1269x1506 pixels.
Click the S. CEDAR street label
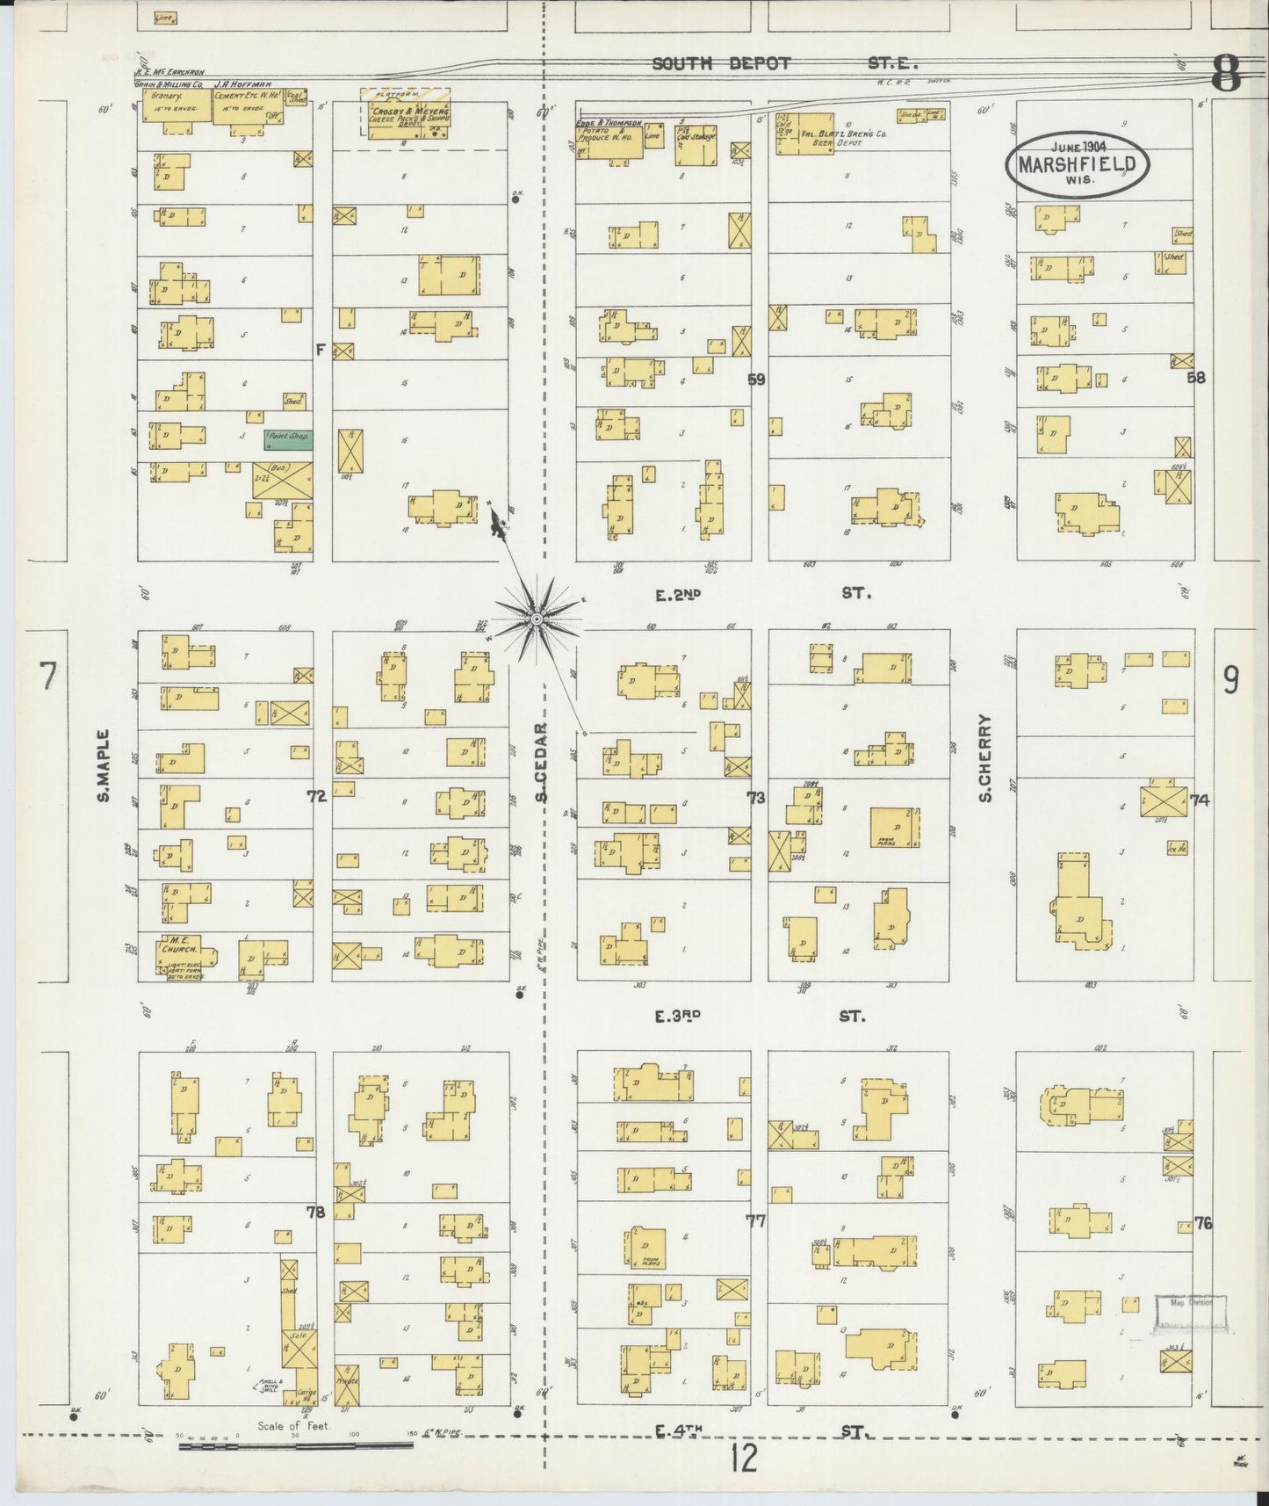[542, 762]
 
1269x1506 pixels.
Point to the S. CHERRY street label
[985, 757]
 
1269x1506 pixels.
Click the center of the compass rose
[535, 620]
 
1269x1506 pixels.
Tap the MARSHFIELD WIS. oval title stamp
[1078, 164]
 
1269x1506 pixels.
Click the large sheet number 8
[1226, 73]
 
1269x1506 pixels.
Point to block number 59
[756, 380]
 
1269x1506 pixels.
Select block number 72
[316, 796]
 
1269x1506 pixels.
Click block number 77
[755, 1220]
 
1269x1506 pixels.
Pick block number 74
[1200, 800]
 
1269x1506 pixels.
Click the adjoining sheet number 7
[47, 677]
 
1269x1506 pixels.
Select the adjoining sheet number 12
[743, 1459]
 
